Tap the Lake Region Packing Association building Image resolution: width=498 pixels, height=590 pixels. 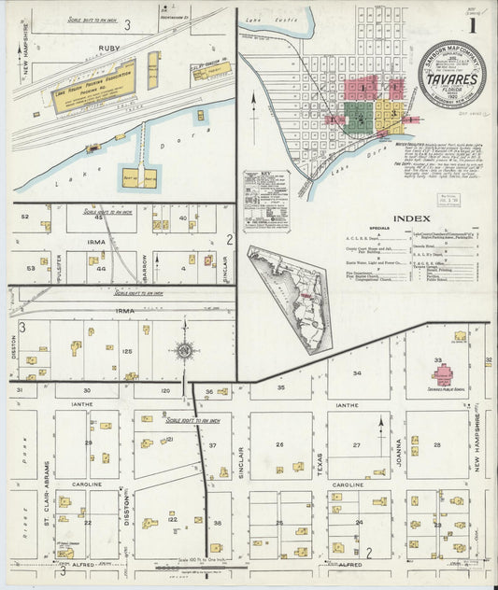[x=93, y=87]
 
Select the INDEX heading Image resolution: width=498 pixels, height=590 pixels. [x=411, y=218]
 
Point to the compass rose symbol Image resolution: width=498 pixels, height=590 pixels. [x=185, y=351]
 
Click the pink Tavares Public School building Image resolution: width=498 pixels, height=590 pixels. [x=442, y=372]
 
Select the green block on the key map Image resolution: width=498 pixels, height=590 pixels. [x=355, y=113]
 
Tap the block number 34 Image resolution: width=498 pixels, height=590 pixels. [x=356, y=372]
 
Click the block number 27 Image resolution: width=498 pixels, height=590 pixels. [x=356, y=445]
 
